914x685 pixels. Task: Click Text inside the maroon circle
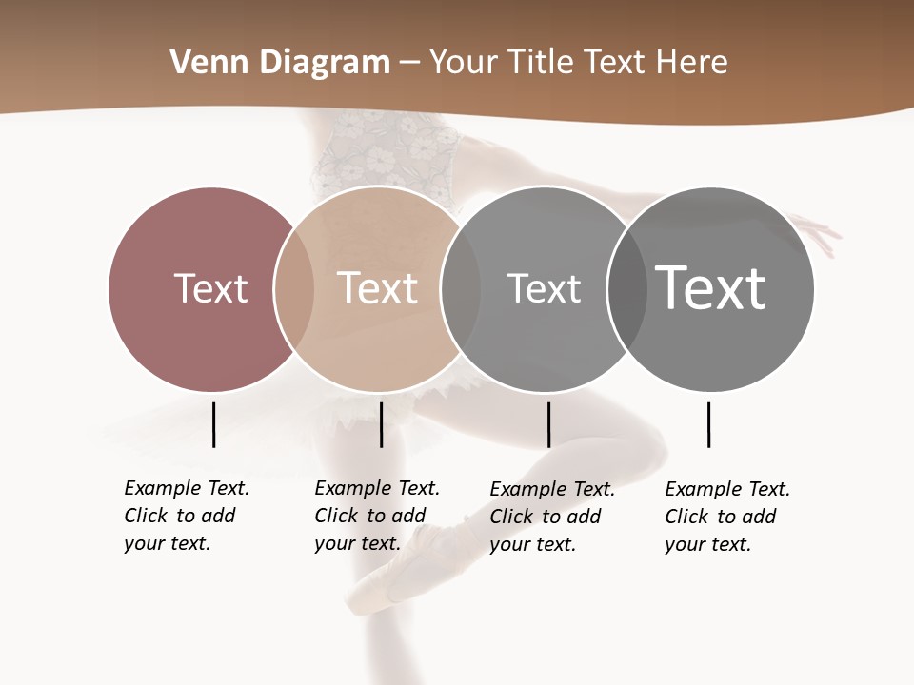[210, 288]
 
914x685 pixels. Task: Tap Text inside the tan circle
[377, 288]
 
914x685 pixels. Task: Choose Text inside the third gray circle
[544, 288]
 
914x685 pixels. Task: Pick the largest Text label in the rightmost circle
[711, 288]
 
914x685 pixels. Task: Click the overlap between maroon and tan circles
[294, 288]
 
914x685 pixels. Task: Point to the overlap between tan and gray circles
[460, 288]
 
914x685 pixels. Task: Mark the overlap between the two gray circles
[626, 288]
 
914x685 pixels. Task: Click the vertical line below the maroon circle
[213, 424]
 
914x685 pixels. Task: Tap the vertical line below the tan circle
[381, 424]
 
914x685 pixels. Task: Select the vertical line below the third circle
[548, 424]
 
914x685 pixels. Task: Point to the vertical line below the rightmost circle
[708, 424]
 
